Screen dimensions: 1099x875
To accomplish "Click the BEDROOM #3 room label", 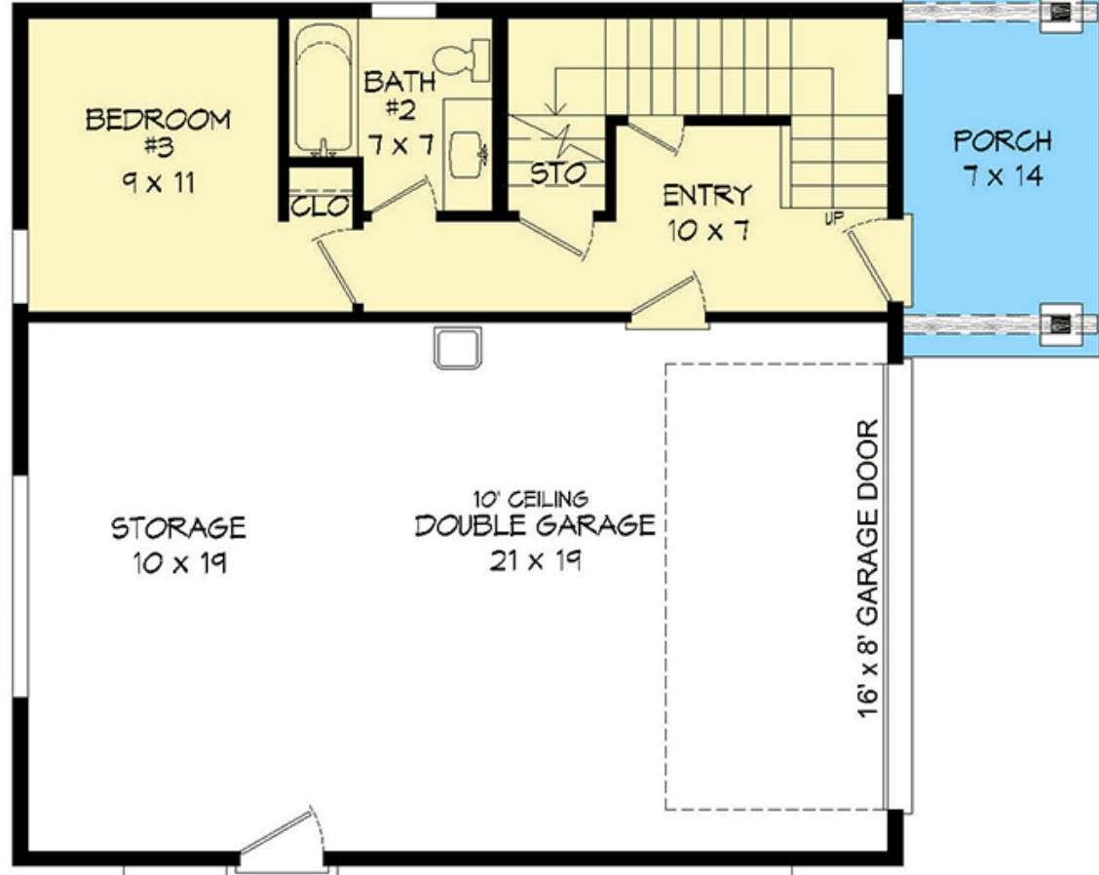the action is [x=159, y=133].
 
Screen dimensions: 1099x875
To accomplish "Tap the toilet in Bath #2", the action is [x=462, y=58].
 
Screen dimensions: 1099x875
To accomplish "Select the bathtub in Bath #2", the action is [x=322, y=89].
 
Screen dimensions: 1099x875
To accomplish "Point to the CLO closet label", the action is [x=320, y=207].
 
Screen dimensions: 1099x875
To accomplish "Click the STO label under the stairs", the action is [x=558, y=173].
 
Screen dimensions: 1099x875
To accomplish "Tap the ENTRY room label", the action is [x=707, y=195].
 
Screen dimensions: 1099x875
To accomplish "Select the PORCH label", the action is [x=1003, y=141].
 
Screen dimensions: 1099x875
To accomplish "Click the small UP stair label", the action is [x=834, y=218].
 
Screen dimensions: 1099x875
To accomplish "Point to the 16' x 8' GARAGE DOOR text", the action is [x=868, y=569].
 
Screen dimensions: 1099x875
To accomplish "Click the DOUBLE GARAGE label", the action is [x=535, y=525].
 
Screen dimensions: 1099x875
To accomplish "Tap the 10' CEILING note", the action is [x=531, y=499].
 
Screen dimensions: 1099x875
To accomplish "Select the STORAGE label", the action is [x=178, y=528].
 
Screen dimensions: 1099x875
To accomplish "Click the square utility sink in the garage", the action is [x=458, y=347].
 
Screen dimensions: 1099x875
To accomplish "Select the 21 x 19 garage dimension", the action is [x=536, y=561].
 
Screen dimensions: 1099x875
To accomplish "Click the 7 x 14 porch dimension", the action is [x=1003, y=175].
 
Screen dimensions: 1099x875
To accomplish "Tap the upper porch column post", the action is [x=1060, y=12].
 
